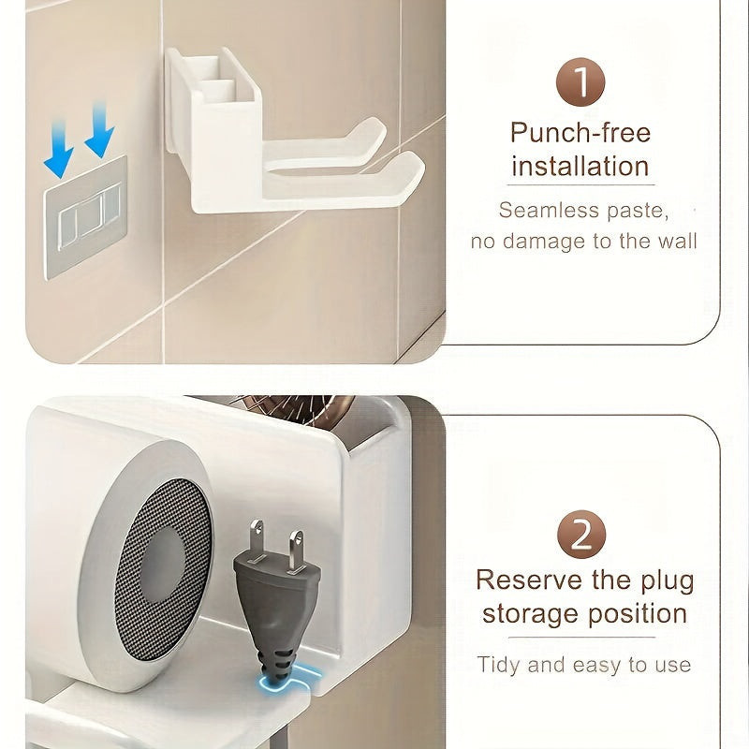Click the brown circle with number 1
(x=580, y=81)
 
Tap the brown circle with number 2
(x=581, y=534)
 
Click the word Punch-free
(x=580, y=133)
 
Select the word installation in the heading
(x=580, y=167)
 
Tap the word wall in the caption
(x=677, y=241)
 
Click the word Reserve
(x=530, y=580)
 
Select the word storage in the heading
(x=531, y=615)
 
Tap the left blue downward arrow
(x=58, y=149)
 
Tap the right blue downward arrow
(x=99, y=129)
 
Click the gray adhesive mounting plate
(x=86, y=217)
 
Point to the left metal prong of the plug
(x=257, y=540)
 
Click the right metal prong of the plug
(x=296, y=551)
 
